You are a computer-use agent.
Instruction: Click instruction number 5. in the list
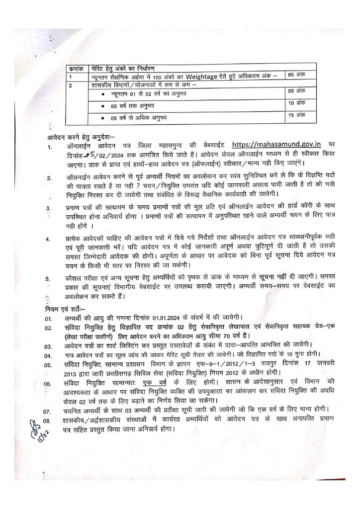pos(48,279)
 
